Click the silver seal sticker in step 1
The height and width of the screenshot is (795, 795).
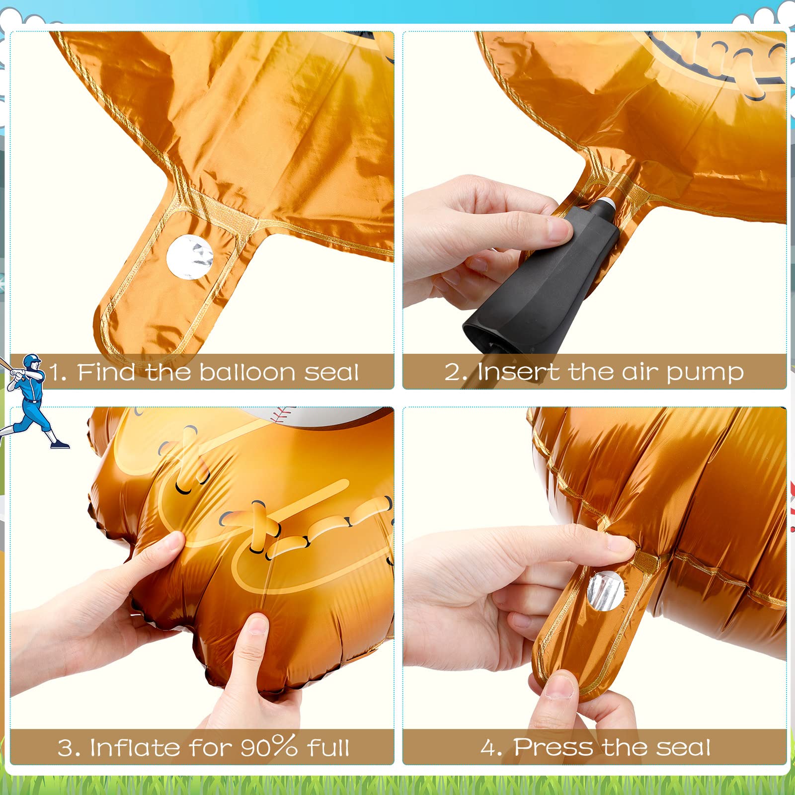[x=190, y=256]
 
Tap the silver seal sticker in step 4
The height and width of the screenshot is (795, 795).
[x=605, y=590]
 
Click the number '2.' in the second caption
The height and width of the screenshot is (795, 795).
[x=455, y=373]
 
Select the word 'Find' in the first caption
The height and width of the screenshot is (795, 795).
[x=106, y=372]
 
